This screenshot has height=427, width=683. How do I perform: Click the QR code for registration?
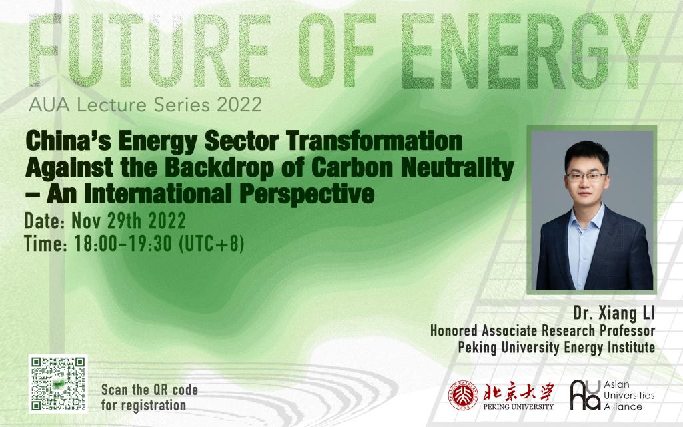tap(58, 384)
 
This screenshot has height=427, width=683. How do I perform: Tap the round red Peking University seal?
tap(464, 395)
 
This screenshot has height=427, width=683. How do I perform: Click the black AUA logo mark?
tap(585, 395)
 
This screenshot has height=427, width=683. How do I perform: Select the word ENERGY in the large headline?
tap(526, 51)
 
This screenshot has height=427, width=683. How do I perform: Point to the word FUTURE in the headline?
tap(149, 51)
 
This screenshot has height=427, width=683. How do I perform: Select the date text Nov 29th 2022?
tap(129, 221)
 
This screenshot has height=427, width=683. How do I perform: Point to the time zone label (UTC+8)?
tap(211, 244)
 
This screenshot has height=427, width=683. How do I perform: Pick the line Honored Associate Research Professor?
tap(542, 331)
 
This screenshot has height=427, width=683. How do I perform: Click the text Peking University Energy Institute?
tap(556, 347)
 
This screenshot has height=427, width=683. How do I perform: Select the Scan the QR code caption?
tap(149, 398)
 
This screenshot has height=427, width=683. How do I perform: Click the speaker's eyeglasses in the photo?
tap(586, 177)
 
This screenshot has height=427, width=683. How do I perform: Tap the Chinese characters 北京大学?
tap(518, 392)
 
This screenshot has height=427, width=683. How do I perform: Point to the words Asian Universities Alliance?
tap(629, 395)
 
